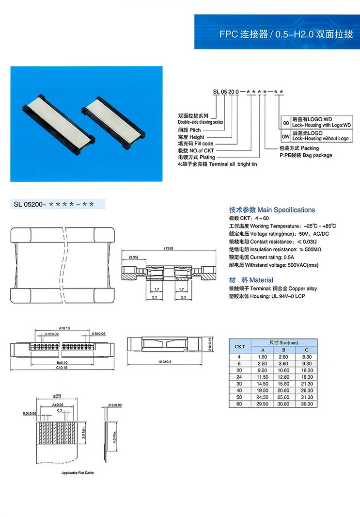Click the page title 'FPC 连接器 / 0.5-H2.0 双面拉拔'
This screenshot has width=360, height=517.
tap(286, 35)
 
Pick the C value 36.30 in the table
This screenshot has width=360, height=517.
tap(307, 404)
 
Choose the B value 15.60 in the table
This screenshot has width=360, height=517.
tap(284, 383)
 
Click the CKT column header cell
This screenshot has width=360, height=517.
tap(239, 346)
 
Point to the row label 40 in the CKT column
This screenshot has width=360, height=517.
tap(239, 390)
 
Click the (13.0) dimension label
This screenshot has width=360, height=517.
tap(168, 248)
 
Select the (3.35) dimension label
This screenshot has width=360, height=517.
tap(134, 257)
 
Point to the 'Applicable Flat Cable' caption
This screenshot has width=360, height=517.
tap(78, 473)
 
